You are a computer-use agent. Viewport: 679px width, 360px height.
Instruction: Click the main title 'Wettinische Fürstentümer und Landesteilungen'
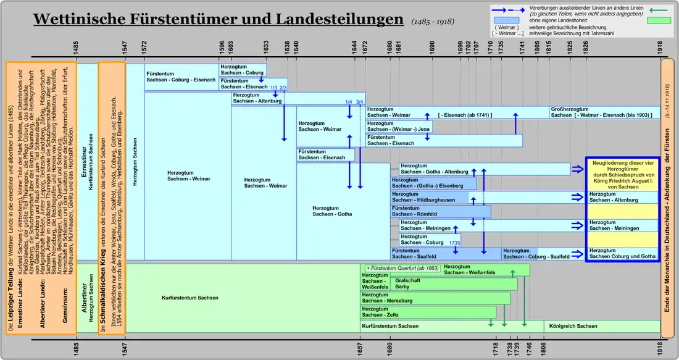coord(218,19)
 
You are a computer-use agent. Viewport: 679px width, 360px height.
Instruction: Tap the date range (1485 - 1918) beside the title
coord(433,22)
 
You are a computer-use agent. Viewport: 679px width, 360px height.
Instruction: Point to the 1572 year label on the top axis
coord(144,47)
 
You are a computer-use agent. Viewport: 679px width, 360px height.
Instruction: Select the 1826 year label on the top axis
coord(585,47)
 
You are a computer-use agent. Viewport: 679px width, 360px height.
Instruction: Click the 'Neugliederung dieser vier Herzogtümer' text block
coord(622,174)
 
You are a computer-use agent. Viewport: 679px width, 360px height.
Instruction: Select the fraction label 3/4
coord(360,102)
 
